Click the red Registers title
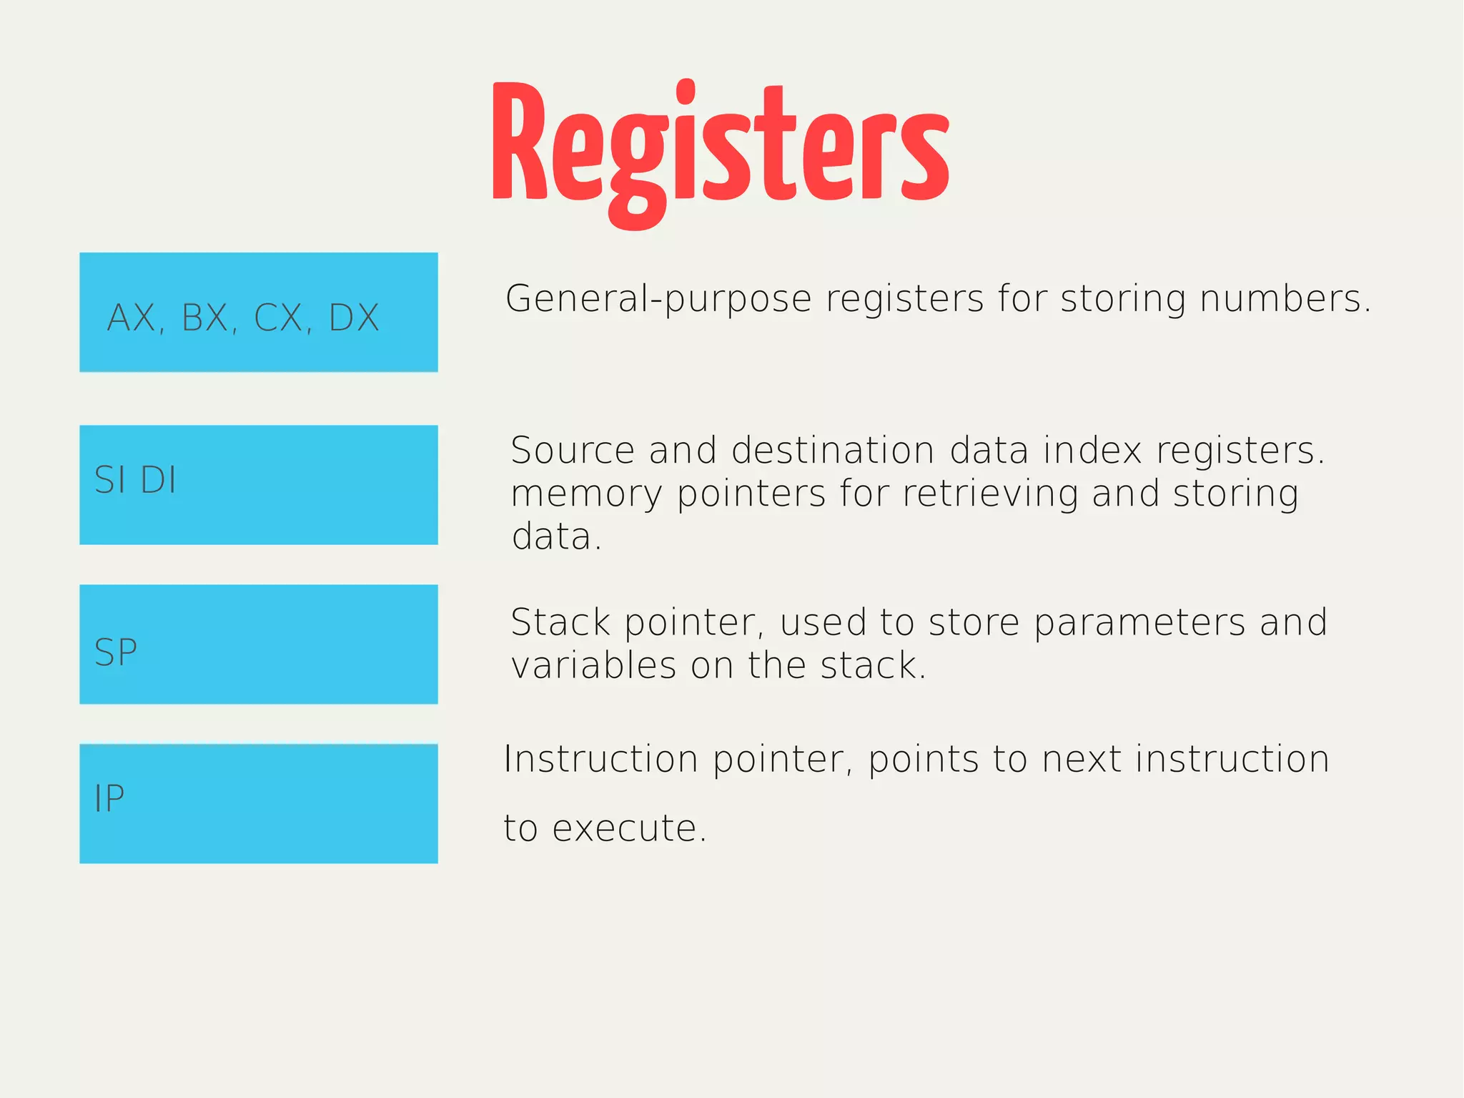(721, 147)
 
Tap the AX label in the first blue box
(132, 318)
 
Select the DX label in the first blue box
(353, 318)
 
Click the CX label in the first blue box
(279, 318)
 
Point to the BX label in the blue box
(205, 318)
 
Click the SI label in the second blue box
(110, 479)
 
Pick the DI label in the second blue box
(158, 479)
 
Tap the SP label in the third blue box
(116, 652)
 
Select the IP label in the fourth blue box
(109, 798)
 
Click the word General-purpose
(658, 299)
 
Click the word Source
(573, 451)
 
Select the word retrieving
(990, 494)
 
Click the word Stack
(560, 622)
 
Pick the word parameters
(1139, 622)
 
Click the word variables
(593, 666)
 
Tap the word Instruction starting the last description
(600, 759)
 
